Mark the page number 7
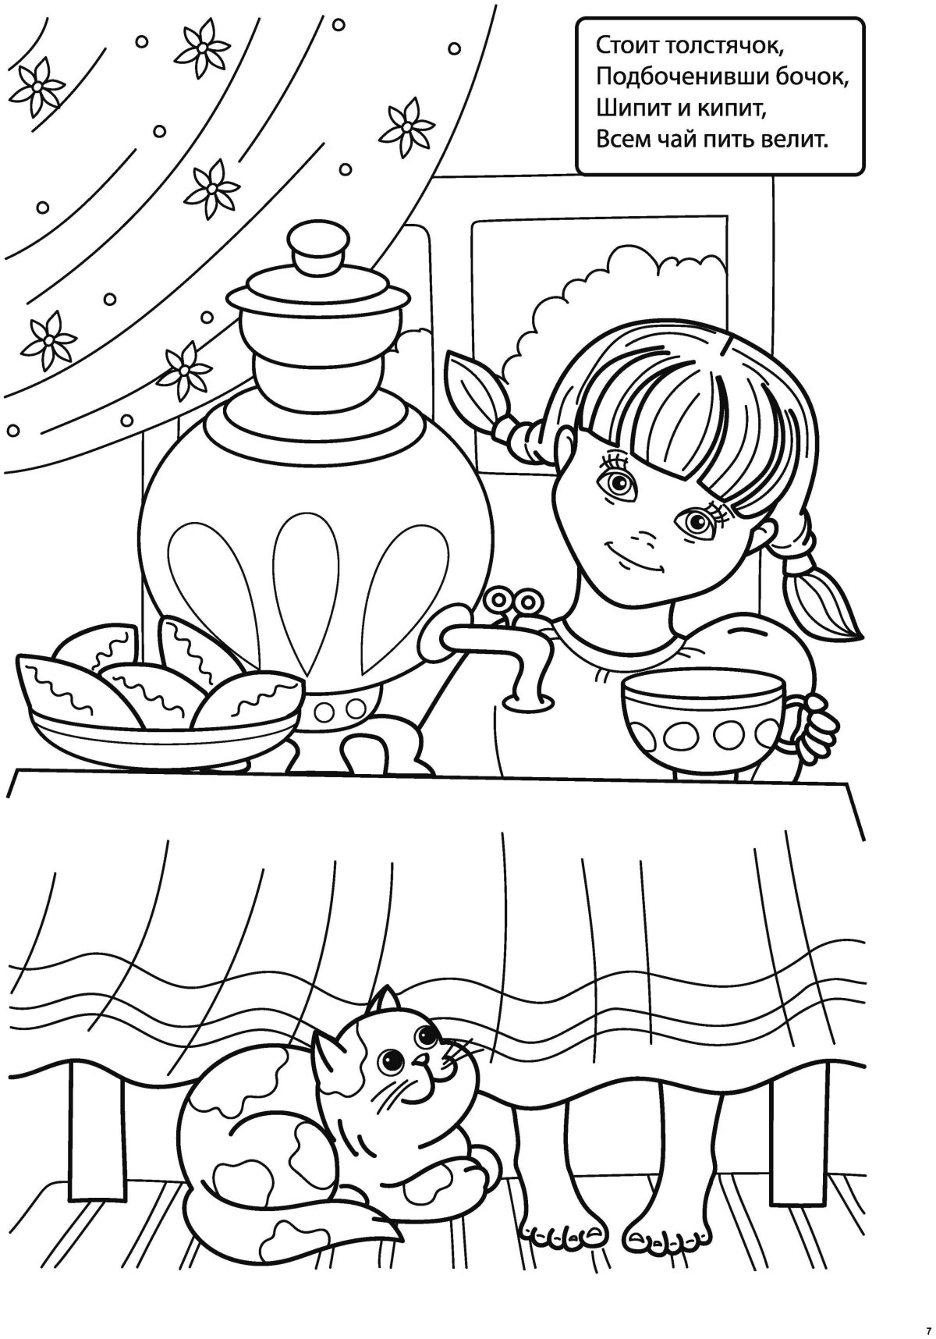(929, 1329)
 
